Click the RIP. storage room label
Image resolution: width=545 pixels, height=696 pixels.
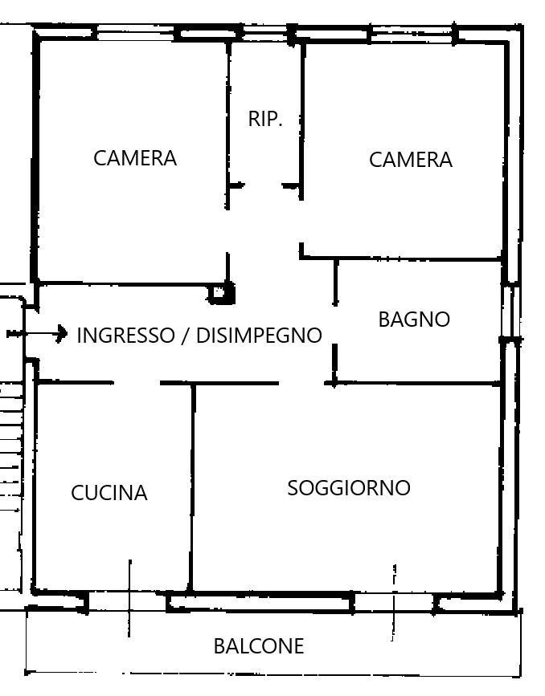(265, 119)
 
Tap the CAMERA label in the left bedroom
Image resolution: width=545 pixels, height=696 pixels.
(135, 158)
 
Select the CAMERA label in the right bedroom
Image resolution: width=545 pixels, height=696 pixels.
(410, 160)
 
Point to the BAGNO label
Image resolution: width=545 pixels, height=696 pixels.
(414, 320)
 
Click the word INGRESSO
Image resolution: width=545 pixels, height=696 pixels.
(126, 335)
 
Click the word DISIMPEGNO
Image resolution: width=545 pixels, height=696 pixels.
(259, 335)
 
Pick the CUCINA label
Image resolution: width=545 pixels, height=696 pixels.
(109, 493)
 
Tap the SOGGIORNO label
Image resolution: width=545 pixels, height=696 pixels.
(349, 488)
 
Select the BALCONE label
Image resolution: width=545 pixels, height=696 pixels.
(259, 646)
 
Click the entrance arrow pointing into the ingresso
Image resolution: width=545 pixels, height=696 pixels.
(37, 333)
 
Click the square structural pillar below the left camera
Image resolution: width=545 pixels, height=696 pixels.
(221, 293)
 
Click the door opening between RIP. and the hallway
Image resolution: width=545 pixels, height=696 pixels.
(263, 185)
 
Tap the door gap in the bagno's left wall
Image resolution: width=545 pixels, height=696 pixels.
(335, 325)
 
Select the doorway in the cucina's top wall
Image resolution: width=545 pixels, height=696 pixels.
(137, 383)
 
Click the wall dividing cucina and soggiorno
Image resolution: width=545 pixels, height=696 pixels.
(192, 487)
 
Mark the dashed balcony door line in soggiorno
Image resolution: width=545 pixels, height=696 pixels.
(394, 603)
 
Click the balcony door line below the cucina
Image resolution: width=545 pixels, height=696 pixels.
(129, 598)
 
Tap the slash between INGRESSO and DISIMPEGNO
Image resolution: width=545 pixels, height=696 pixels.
(186, 335)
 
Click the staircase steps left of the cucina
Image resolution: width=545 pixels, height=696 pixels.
(10, 444)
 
